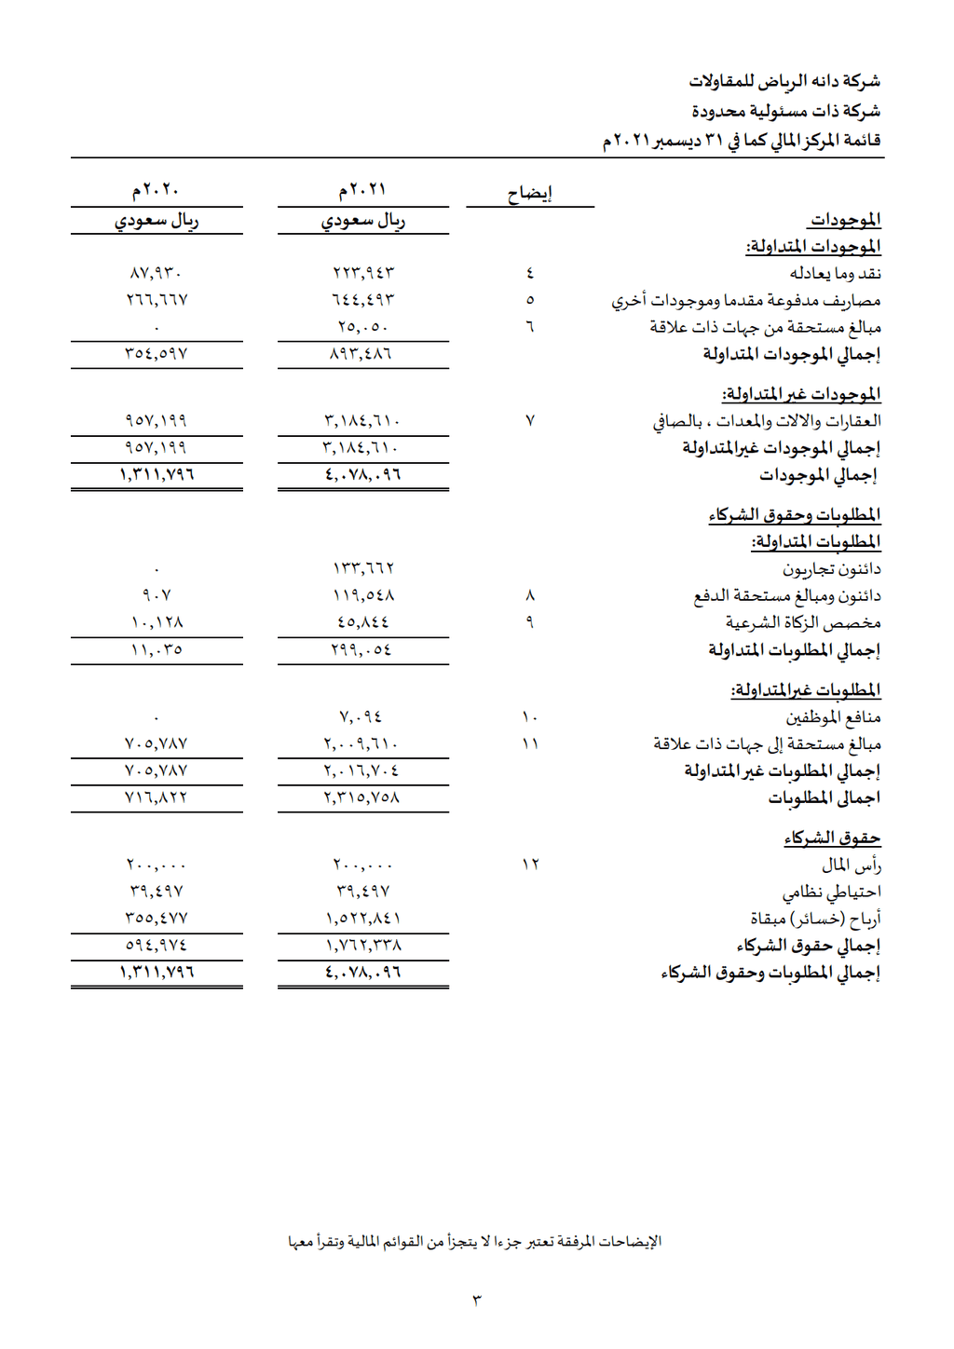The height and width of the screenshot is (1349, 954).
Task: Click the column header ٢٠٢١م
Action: (362, 190)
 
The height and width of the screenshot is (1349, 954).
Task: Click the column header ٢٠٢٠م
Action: (156, 190)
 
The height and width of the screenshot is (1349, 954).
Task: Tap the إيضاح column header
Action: (529, 194)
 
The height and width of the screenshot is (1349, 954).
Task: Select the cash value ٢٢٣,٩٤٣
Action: (362, 273)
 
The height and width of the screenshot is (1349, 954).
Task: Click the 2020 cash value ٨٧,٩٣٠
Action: (156, 273)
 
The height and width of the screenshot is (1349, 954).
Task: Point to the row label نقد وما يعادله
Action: (835, 273)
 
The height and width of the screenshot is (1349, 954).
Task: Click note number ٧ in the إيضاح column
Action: (530, 421)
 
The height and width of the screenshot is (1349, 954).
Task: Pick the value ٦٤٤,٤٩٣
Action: (362, 300)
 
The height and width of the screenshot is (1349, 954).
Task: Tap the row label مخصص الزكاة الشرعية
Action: (803, 622)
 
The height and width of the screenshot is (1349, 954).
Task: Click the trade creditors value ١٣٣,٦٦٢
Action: (362, 568)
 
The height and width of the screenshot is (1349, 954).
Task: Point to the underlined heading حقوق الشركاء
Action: (832, 838)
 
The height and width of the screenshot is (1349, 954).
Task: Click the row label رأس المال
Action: (851, 865)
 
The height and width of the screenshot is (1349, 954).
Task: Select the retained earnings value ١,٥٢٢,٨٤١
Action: (362, 919)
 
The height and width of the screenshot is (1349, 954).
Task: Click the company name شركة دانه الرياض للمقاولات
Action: (784, 82)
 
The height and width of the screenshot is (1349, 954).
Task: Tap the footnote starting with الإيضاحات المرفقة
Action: (475, 1242)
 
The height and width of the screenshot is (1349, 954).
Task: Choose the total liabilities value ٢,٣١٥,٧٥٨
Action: (362, 798)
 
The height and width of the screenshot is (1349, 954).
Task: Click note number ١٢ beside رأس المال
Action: (530, 865)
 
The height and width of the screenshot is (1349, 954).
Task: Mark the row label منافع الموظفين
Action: (833, 717)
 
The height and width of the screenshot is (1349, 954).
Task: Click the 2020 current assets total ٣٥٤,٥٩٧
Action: (156, 354)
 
